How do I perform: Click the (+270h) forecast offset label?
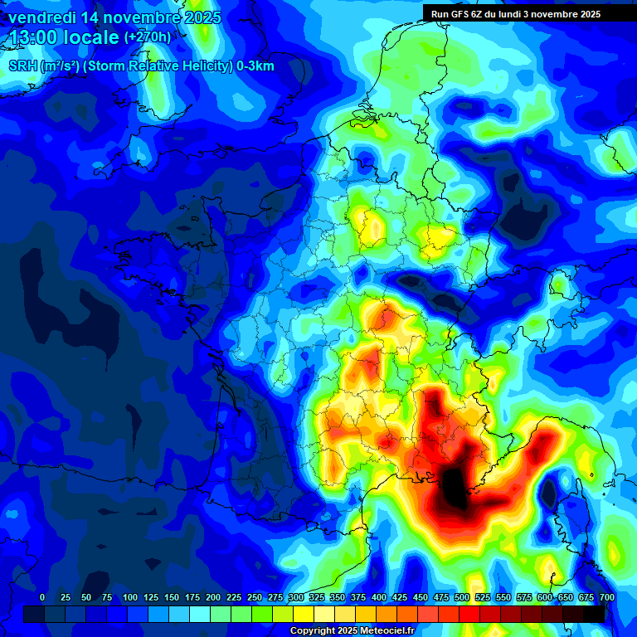click(x=148, y=37)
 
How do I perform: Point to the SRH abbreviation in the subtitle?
click(x=22, y=66)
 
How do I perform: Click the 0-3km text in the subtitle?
click(x=255, y=66)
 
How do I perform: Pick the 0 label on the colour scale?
click(x=42, y=598)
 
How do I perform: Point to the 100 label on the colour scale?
click(x=130, y=598)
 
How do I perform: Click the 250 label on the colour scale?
click(x=255, y=598)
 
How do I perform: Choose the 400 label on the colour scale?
click(x=379, y=598)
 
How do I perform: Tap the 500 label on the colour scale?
click(x=462, y=598)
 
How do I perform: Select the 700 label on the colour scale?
click(x=607, y=598)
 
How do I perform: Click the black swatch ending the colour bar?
click(x=594, y=614)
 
